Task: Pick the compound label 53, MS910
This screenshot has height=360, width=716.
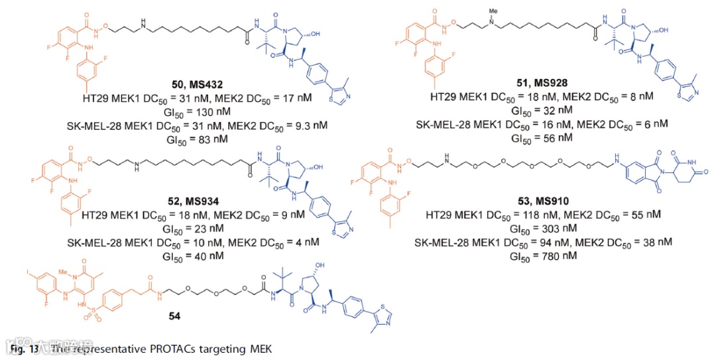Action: click(535, 200)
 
